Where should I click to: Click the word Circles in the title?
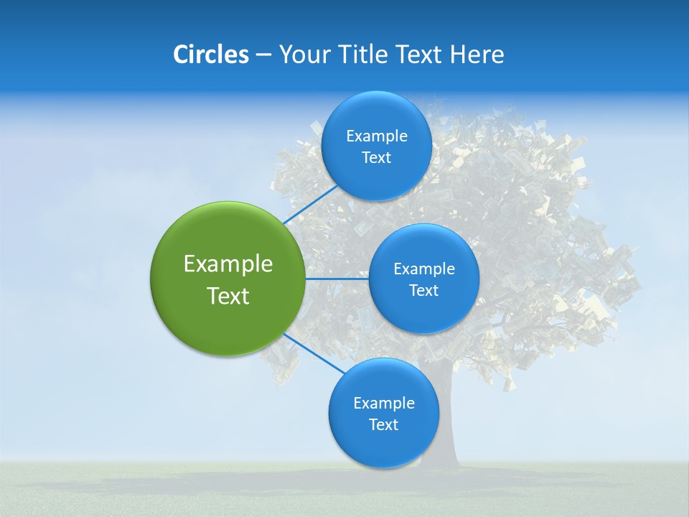tap(210, 55)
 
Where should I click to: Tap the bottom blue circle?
tap(383, 445)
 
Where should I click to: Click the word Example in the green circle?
tap(228, 264)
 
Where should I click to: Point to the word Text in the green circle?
tap(228, 296)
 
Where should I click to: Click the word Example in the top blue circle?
tap(376, 136)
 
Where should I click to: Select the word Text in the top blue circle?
tap(376, 158)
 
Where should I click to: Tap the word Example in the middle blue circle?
tap(423, 269)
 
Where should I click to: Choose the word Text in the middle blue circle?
tap(423, 291)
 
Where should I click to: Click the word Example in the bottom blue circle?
tap(383, 404)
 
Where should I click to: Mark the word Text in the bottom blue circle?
tap(383, 425)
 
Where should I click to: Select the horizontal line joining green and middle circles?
tap(337, 279)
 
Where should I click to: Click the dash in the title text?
tap(263, 55)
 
